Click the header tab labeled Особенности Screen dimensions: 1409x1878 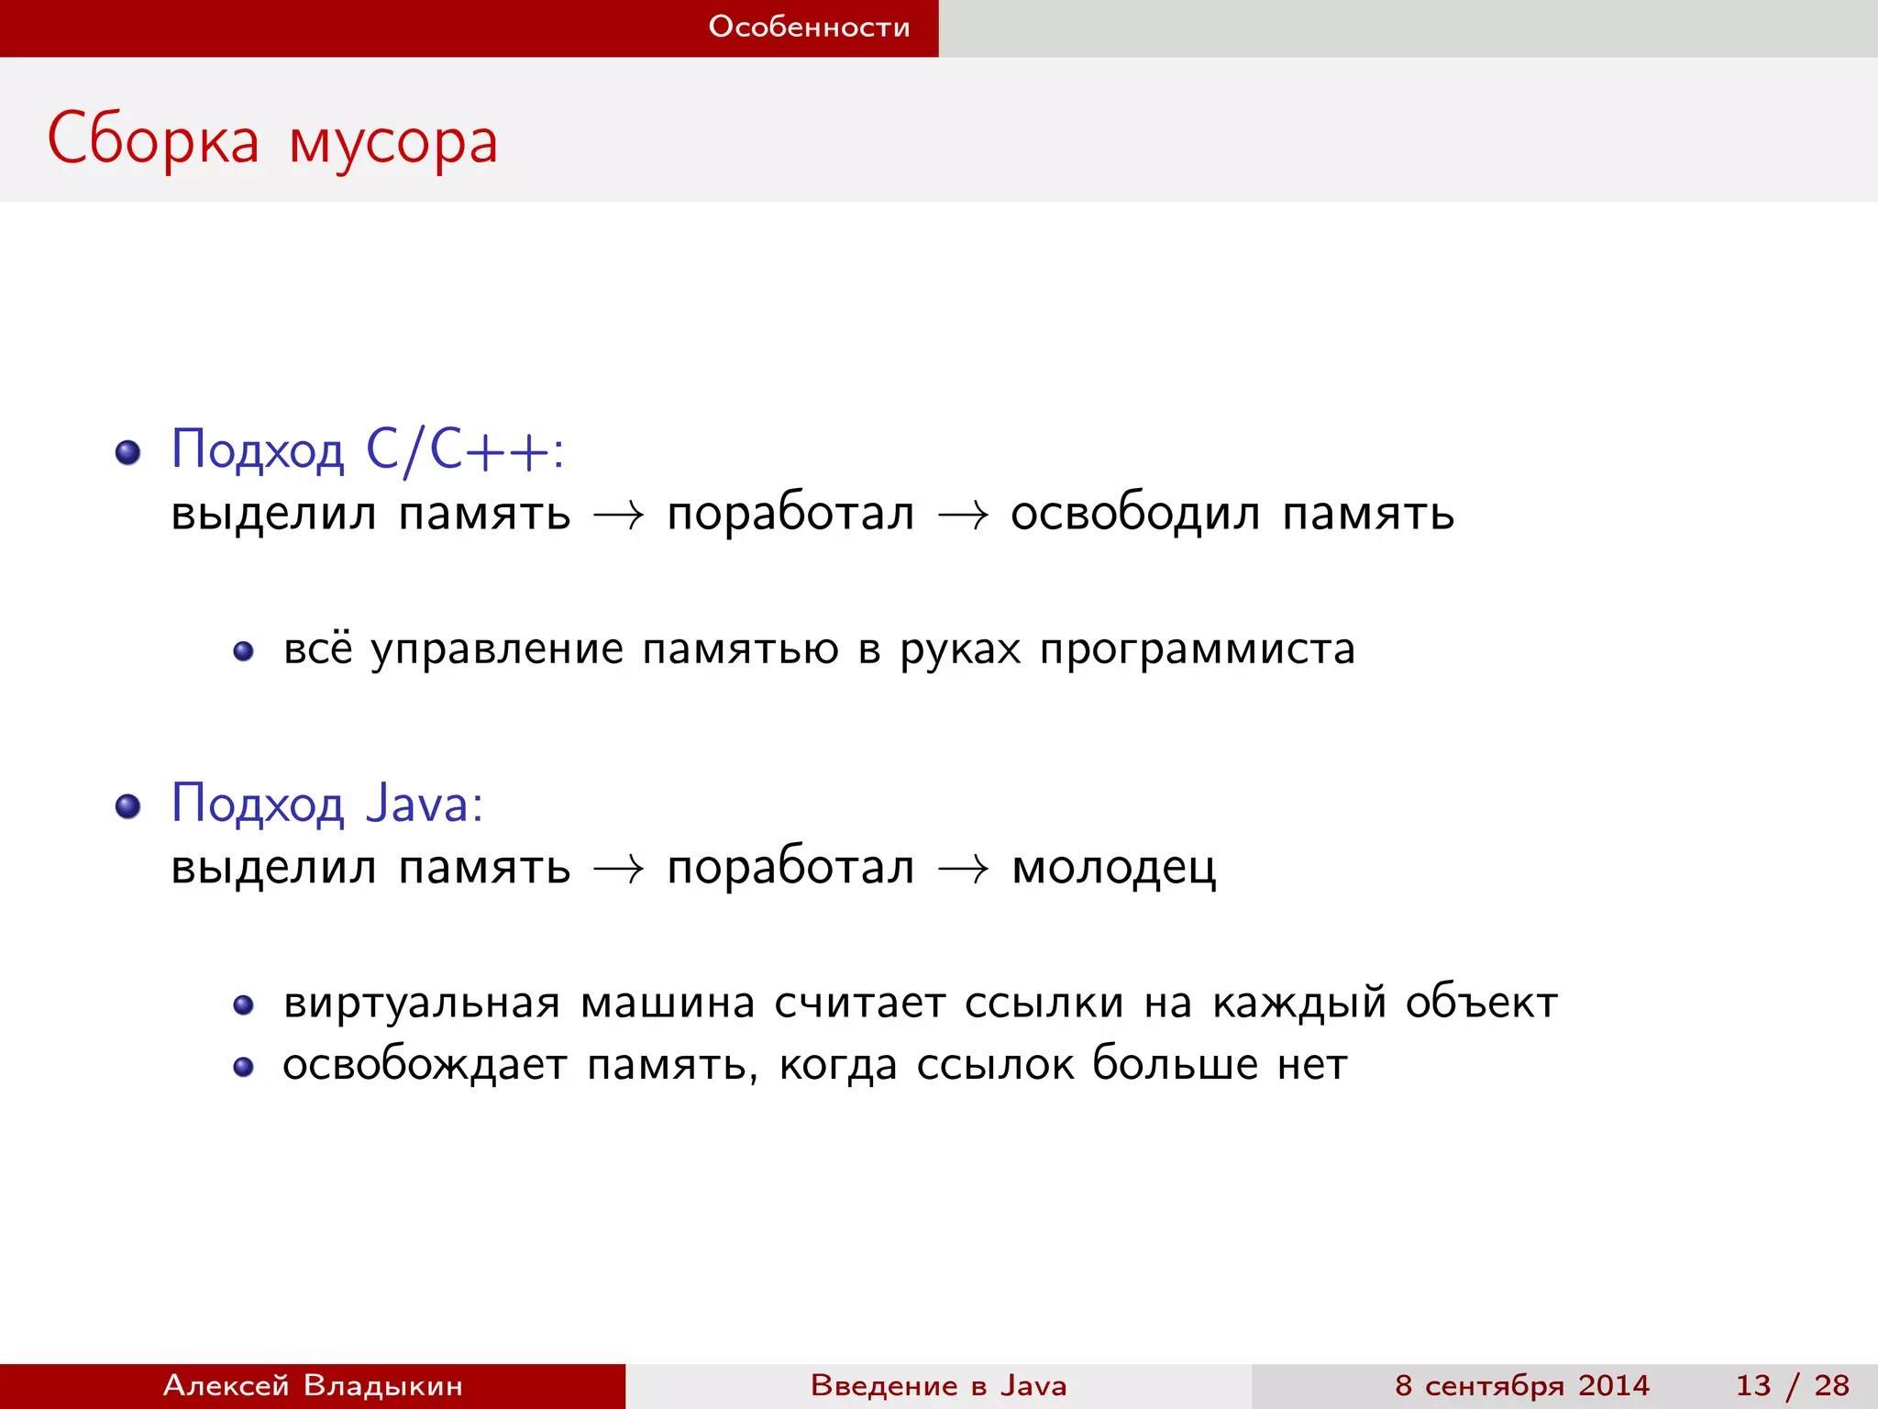tap(809, 27)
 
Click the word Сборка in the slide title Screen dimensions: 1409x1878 tap(153, 140)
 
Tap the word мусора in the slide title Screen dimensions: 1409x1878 tap(393, 143)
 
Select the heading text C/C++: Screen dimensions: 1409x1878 tap(464, 450)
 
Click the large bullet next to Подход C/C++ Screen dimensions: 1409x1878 tap(127, 452)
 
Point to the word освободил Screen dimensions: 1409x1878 tap(1135, 514)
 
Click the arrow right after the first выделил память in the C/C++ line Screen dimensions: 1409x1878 tap(619, 516)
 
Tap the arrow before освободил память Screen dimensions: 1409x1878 tap(963, 516)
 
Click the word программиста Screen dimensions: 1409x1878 tap(1197, 649)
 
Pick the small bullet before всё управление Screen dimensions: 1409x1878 tap(243, 651)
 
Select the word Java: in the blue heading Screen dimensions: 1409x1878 tap(424, 804)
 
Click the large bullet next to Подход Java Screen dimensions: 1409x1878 tap(127, 806)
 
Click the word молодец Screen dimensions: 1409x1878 tap(1113, 868)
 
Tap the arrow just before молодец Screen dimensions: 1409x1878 tap(963, 869)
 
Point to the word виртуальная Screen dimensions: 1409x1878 tap(421, 1003)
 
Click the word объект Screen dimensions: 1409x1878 tap(1481, 1003)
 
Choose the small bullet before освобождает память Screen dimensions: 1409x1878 tap(243, 1067)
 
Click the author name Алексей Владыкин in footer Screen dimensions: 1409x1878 tap(313, 1385)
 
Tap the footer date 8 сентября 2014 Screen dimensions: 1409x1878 tap(1521, 1385)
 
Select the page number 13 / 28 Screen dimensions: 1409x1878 tap(1792, 1385)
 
